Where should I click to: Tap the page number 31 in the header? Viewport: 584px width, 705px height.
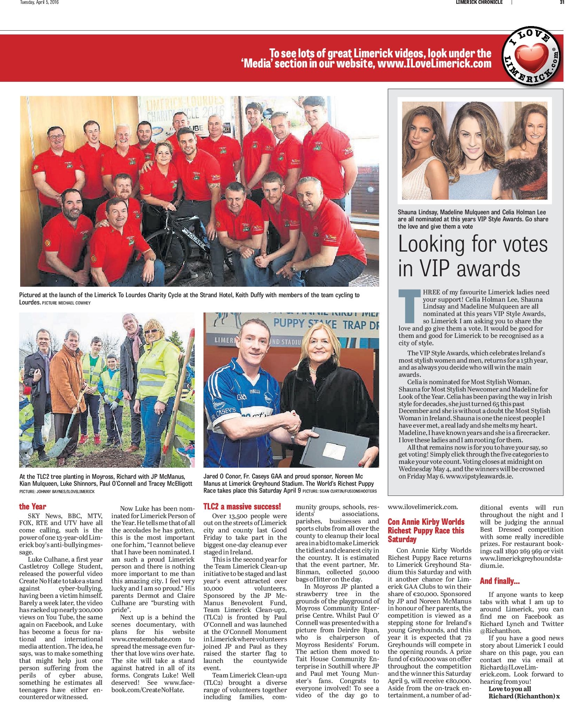[x=562, y=2]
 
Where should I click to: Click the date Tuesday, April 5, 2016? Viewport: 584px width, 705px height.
[x=39, y=2]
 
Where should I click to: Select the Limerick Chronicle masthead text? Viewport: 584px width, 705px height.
[x=479, y=2]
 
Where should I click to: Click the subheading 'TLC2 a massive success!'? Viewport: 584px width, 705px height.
[x=242, y=506]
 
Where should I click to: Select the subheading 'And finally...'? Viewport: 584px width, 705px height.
[x=499, y=581]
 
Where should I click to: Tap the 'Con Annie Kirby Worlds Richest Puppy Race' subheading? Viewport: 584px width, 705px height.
[x=426, y=530]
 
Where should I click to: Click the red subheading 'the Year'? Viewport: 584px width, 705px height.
[x=33, y=506]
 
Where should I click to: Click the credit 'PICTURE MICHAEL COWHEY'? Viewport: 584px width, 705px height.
[x=66, y=303]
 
